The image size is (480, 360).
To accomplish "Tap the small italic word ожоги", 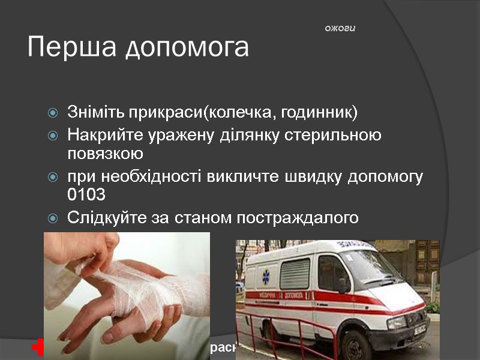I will pyautogui.click(x=340, y=28).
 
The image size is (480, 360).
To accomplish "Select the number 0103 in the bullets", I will pyautogui.click(x=87, y=195).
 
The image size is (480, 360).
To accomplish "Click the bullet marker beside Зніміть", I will pyautogui.click(x=53, y=113).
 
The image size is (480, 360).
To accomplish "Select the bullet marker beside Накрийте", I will pyautogui.click(x=53, y=135).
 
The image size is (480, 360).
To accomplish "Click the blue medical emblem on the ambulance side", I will pyautogui.click(x=266, y=277).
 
